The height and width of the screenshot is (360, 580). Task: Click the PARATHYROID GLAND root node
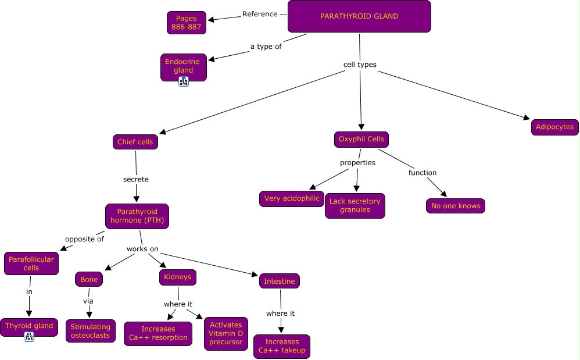click(x=359, y=16)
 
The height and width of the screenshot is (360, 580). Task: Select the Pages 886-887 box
click(x=187, y=23)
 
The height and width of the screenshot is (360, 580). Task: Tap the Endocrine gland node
click(x=183, y=66)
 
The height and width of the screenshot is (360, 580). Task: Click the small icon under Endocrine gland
click(x=184, y=81)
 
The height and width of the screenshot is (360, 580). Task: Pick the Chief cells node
click(x=135, y=142)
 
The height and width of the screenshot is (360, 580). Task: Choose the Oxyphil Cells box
click(x=361, y=140)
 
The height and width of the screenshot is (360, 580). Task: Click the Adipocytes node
click(x=554, y=127)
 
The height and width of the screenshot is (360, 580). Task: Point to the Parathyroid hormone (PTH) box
click(x=137, y=216)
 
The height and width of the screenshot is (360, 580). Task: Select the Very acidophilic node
click(x=292, y=198)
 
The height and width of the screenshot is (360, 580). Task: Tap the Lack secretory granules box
click(x=355, y=205)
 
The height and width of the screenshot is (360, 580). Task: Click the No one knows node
click(x=455, y=205)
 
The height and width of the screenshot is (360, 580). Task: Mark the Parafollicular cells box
click(x=31, y=263)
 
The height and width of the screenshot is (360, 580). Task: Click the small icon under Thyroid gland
click(x=29, y=337)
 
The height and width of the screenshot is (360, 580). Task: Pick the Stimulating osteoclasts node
click(x=90, y=331)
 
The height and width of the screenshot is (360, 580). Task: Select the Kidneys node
click(x=177, y=277)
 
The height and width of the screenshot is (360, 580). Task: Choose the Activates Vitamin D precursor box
click(x=225, y=333)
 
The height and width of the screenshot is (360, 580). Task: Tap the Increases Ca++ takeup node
click(x=281, y=346)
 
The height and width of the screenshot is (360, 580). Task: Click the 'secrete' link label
click(x=136, y=179)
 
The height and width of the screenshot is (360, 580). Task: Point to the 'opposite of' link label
click(x=85, y=239)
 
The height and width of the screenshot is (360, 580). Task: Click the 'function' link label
click(x=423, y=173)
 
